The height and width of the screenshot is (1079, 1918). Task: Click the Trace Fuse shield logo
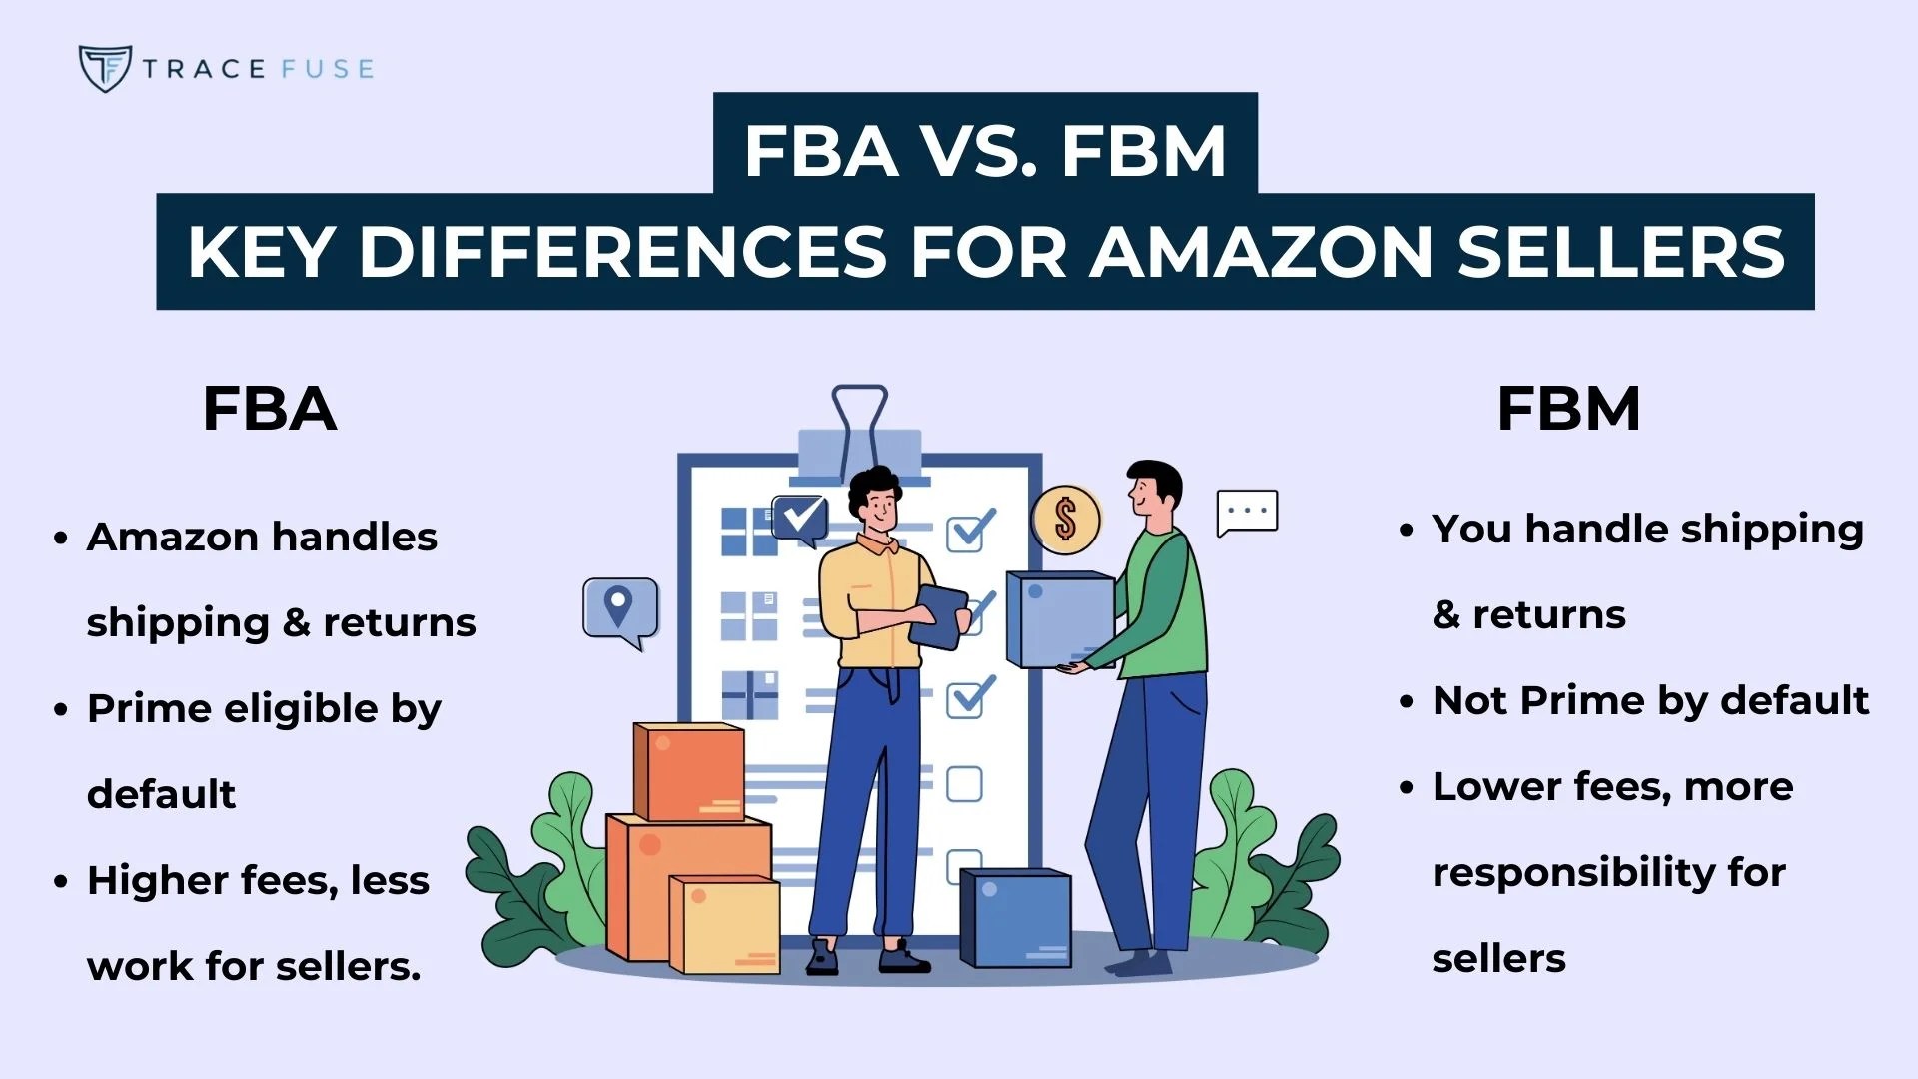pyautogui.click(x=104, y=68)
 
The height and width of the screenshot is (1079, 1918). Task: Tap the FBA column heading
pyautogui.click(x=269, y=409)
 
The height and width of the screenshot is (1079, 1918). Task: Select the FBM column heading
pyautogui.click(x=1568, y=409)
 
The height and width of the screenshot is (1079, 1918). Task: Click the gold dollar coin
pyautogui.click(x=1065, y=520)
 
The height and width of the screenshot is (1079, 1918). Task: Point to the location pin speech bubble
pyautogui.click(x=620, y=608)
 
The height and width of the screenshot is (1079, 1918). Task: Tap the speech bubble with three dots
pyautogui.click(x=1247, y=512)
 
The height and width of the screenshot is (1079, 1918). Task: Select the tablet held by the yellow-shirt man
pyautogui.click(x=939, y=615)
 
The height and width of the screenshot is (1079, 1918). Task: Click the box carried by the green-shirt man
pyautogui.click(x=1059, y=619)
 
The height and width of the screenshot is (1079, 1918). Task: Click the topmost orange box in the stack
pyautogui.click(x=689, y=771)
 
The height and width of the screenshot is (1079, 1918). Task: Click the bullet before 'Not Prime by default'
pyautogui.click(x=1407, y=702)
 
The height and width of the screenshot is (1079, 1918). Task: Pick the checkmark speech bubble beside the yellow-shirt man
pyautogui.click(x=801, y=518)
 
